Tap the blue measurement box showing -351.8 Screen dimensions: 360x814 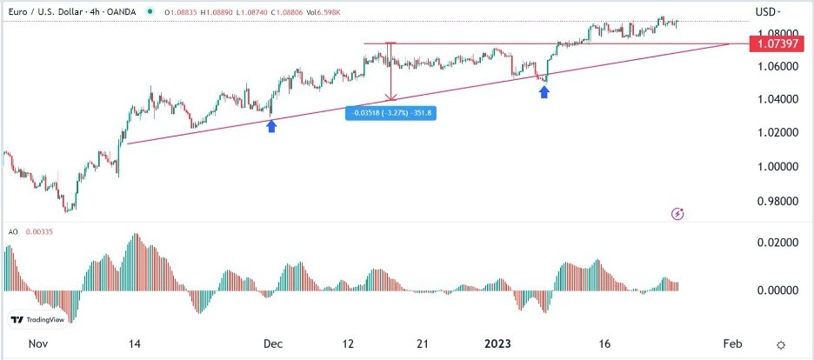(390, 112)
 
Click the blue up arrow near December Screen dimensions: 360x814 (271, 126)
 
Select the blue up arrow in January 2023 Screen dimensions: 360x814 (544, 91)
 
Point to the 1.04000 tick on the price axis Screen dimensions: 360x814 (773, 99)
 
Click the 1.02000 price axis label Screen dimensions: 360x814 (773, 132)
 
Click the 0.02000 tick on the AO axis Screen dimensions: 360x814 (773, 243)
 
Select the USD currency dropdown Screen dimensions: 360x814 (767, 11)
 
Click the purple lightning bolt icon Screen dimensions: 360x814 (678, 213)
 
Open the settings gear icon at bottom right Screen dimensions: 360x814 (782, 345)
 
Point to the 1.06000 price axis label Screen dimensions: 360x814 (773, 66)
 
